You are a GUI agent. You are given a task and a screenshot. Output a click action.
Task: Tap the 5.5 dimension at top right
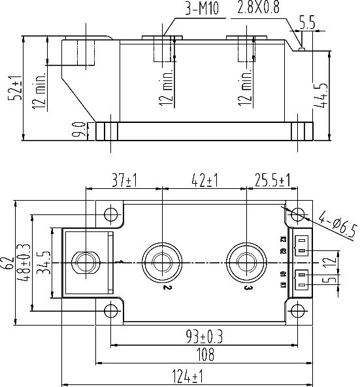coord(306,22)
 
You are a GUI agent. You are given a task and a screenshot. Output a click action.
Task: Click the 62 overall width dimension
coord(8,262)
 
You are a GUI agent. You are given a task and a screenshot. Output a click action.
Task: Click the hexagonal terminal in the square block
coord(86,262)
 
